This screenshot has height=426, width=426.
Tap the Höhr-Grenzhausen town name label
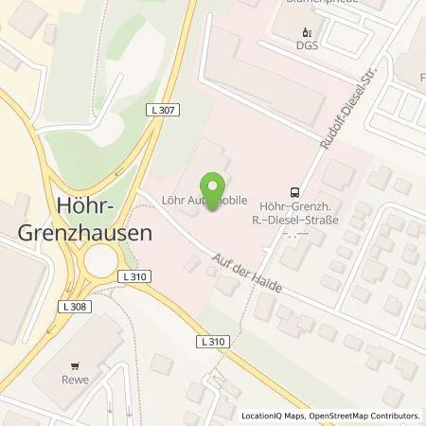pos(74,217)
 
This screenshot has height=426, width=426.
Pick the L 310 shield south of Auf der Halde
pos(214,340)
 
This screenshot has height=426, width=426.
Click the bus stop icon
pos(295,190)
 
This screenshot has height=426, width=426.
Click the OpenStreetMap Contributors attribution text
pos(364,416)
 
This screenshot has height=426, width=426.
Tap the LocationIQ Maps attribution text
pos(273,416)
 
